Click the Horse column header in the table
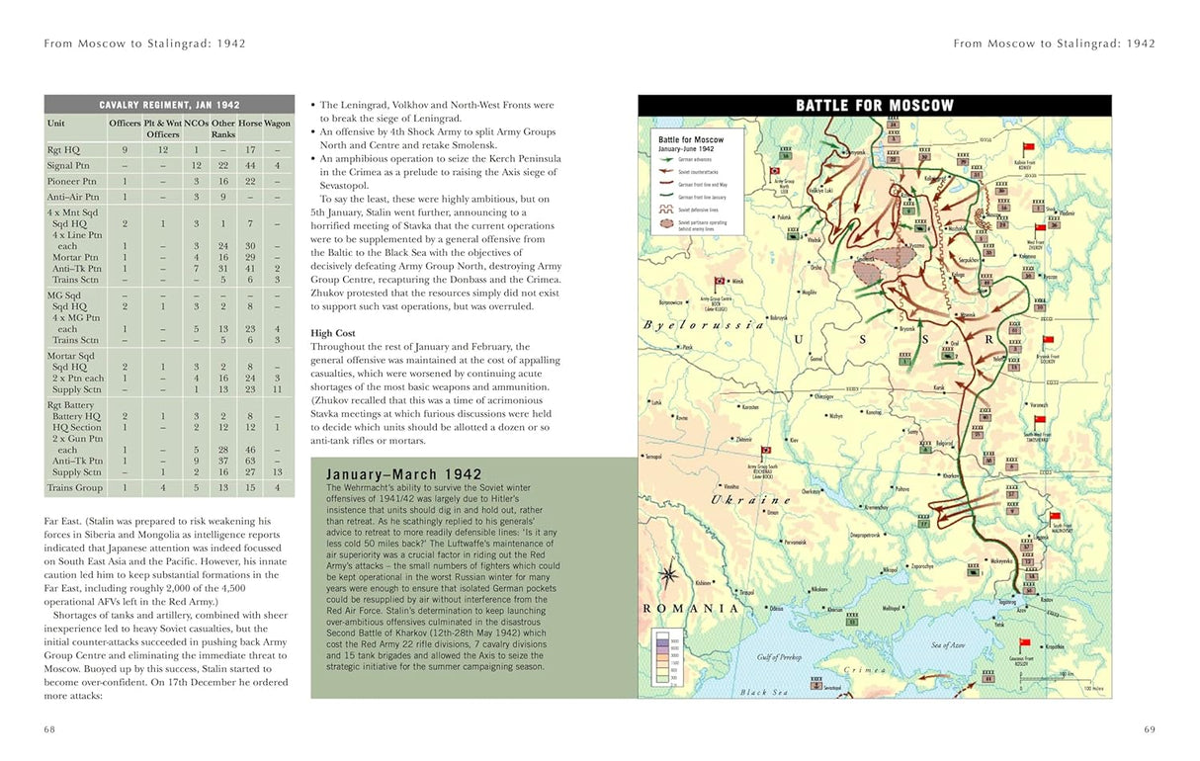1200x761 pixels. (x=250, y=124)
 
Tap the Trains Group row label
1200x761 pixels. (x=74, y=487)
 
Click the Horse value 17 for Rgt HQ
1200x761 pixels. (x=250, y=149)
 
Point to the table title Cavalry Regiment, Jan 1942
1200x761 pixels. (x=169, y=105)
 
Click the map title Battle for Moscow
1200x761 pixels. (x=875, y=105)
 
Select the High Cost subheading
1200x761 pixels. (x=334, y=333)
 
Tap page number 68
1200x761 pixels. (x=49, y=729)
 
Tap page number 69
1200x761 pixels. (x=1150, y=729)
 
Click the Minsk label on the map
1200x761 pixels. (x=737, y=282)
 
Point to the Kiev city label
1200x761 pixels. (x=793, y=439)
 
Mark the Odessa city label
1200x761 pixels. (x=777, y=609)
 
